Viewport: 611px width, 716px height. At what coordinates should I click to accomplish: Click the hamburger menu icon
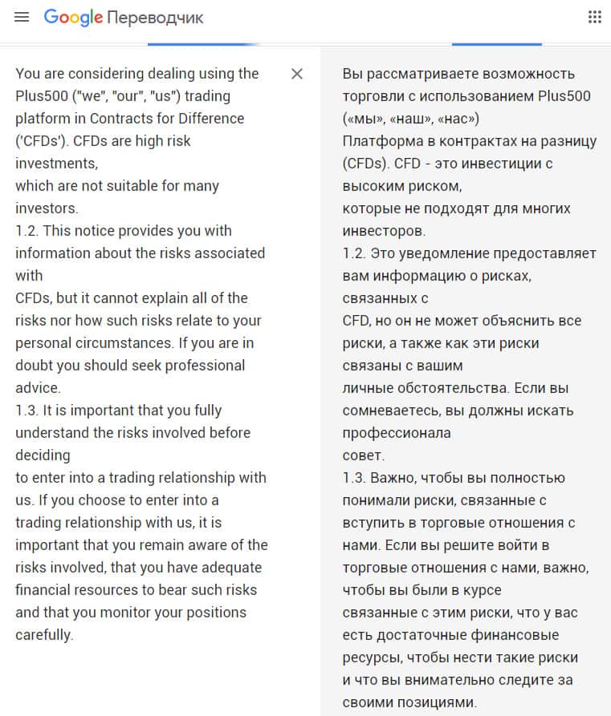point(22,17)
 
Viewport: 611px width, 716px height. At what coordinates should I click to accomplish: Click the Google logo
point(73,17)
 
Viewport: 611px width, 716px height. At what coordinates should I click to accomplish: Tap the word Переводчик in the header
point(155,18)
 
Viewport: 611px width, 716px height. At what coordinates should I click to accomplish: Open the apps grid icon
point(595,17)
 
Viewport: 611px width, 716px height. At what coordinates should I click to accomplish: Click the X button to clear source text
point(297,74)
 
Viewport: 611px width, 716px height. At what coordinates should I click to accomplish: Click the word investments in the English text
point(56,164)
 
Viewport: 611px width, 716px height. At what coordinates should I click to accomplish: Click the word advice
point(37,388)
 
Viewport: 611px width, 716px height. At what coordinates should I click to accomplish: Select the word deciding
point(43,455)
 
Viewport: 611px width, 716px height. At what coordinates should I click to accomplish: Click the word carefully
point(43,635)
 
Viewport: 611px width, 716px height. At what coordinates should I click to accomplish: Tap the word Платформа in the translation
point(381,141)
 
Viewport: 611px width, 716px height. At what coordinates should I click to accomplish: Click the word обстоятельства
point(452,388)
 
